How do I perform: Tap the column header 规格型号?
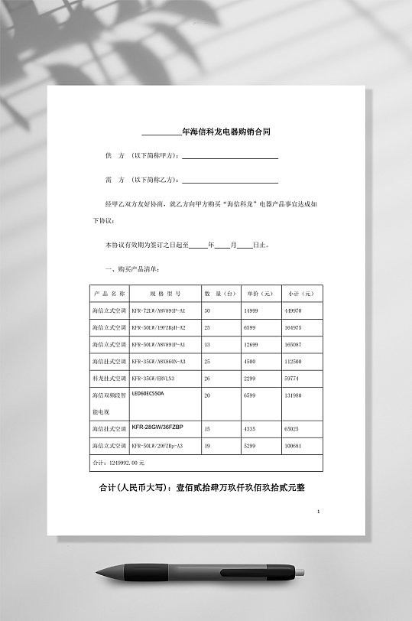point(164,293)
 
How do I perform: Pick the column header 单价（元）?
point(260,293)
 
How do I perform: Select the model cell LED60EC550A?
point(148,393)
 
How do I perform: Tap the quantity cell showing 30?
point(207,311)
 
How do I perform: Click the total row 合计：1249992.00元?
point(118,463)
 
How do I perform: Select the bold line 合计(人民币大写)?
point(202,487)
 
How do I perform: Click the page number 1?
point(318,511)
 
